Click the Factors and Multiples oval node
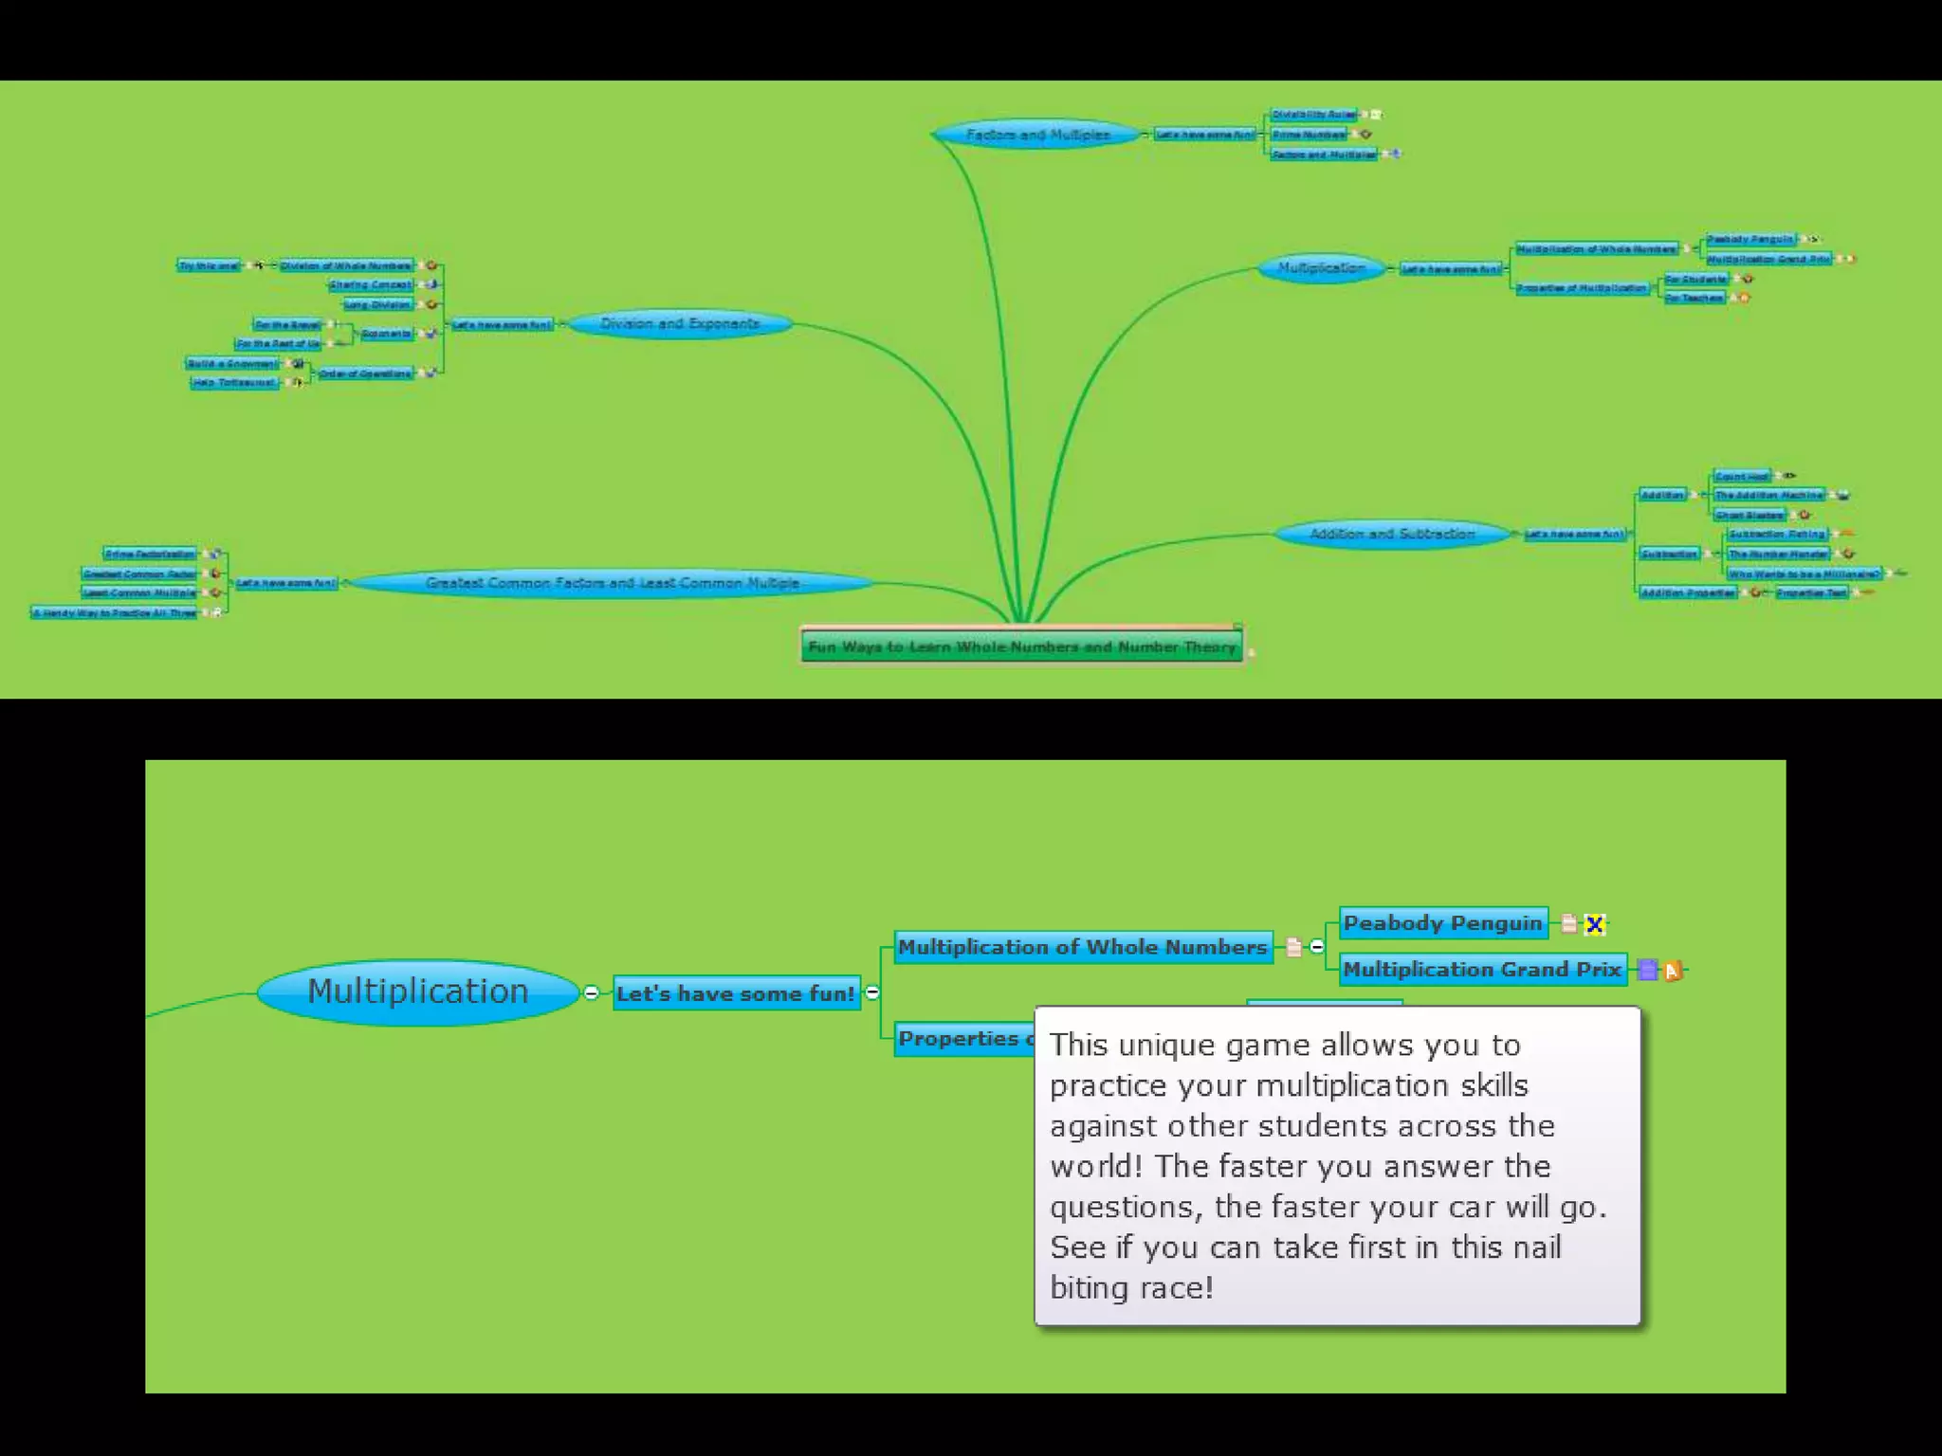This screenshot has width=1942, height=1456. [1037, 135]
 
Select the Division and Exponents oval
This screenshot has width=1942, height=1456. [680, 324]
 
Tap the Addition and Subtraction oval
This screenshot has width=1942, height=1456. [1392, 534]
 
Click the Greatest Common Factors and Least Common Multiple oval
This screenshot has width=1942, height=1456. [612, 583]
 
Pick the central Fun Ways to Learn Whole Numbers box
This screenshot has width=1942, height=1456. [1021, 646]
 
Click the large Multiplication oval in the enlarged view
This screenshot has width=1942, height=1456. [418, 992]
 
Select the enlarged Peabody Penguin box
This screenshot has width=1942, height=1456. [1443, 923]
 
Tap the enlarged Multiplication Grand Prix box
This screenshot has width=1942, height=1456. [1482, 970]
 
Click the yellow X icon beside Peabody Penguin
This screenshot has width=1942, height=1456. [1595, 924]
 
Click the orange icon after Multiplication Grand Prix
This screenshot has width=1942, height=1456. [1673, 971]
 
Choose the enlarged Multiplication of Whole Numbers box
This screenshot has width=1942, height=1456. [1082, 947]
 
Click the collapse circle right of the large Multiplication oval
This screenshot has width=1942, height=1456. [592, 992]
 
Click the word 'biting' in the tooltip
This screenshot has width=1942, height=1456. [1086, 1287]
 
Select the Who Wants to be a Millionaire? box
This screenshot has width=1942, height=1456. [1804, 573]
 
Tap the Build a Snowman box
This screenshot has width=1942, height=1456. [231, 363]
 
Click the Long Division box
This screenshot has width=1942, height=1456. [377, 304]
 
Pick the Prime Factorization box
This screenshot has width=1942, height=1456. [150, 554]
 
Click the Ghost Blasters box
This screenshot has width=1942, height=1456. [1750, 515]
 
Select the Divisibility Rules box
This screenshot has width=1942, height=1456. [1313, 115]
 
